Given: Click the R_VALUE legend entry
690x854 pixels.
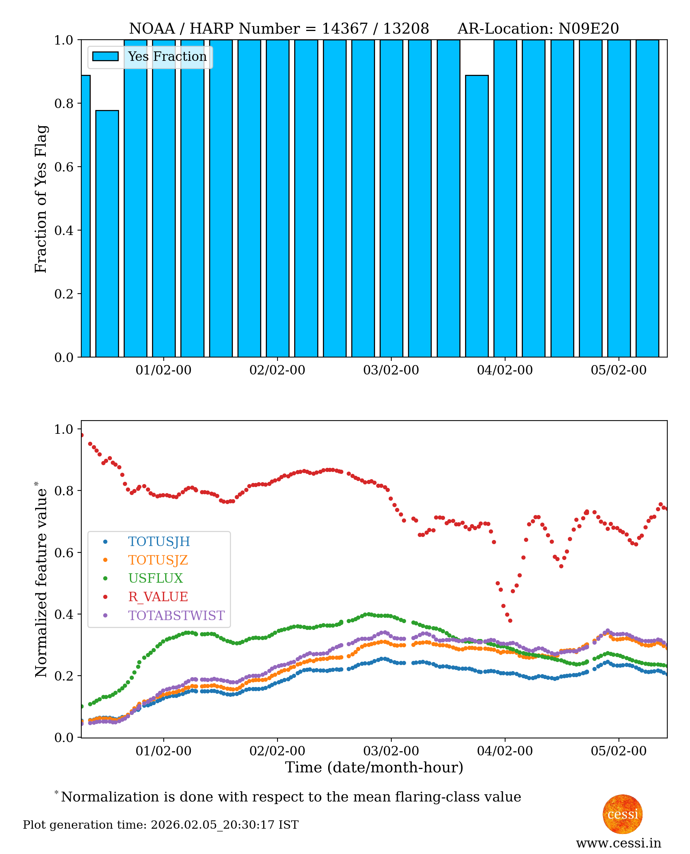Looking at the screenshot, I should point(158,597).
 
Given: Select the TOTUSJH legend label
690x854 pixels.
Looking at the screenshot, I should point(159,542).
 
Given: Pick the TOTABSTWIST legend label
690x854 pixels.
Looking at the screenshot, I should point(176,616).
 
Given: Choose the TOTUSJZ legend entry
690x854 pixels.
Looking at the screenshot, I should point(158,560).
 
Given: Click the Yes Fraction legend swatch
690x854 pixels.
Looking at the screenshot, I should point(105,56).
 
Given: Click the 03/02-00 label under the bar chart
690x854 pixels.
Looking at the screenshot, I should point(391,370).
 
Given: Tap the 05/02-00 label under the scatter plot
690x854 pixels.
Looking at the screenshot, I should point(619,751).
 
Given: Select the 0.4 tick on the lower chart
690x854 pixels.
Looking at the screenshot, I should point(64,614).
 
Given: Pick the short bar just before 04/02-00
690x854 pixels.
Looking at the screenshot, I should point(477,216).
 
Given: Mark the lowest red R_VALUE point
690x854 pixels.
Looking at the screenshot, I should point(510,621).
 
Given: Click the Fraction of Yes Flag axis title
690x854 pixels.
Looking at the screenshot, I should point(41,199).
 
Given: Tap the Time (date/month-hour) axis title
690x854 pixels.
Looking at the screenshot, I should point(374,767).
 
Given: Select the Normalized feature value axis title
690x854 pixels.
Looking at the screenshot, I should point(41,580).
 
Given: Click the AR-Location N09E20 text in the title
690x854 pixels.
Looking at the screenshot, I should point(538,29).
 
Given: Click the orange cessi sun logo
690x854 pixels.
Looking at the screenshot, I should point(622,814).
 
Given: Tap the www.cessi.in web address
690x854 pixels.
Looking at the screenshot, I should point(619,843).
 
